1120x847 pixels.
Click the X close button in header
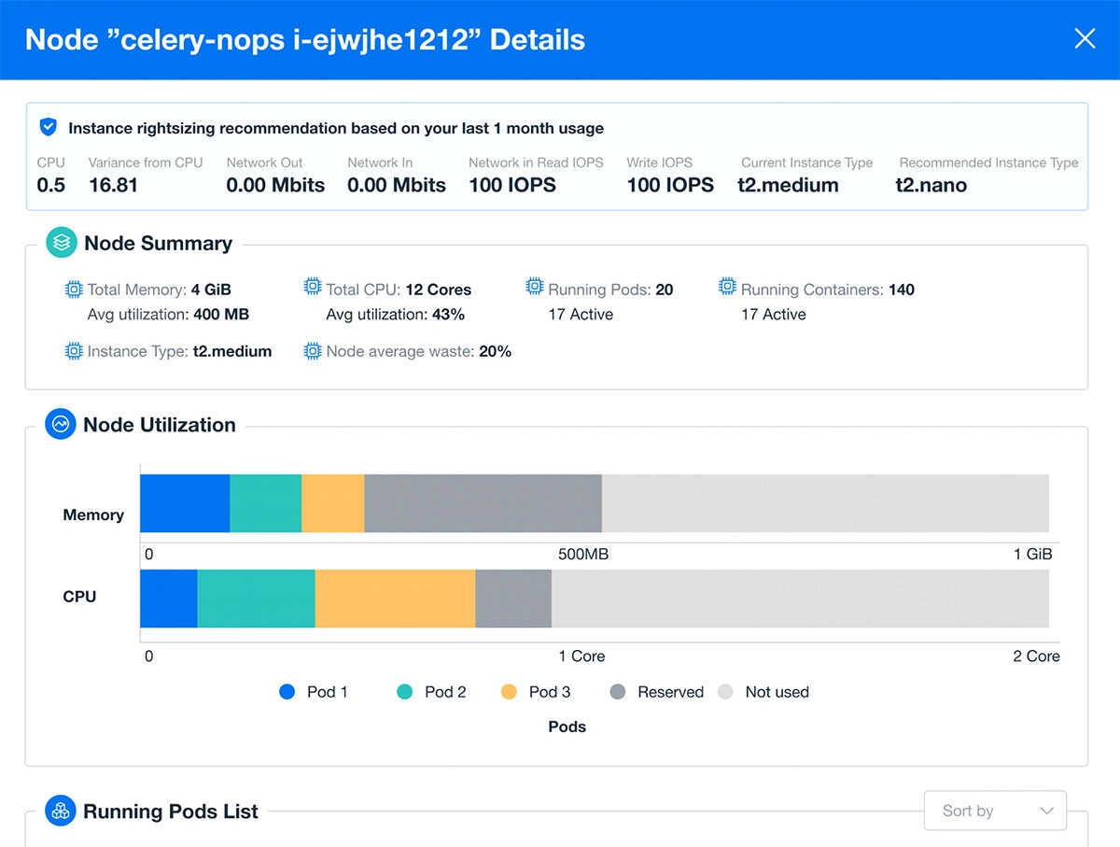click(x=1085, y=38)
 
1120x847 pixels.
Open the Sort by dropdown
click(x=995, y=811)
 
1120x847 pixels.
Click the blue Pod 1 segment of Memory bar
click(x=185, y=503)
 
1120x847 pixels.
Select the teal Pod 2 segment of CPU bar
click(x=256, y=599)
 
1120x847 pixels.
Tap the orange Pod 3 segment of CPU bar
click(x=395, y=599)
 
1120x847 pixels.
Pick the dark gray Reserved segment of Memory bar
click(x=483, y=503)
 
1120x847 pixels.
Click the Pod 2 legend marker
click(x=404, y=692)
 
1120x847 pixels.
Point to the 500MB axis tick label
click(x=583, y=554)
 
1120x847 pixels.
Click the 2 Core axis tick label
click(x=1036, y=656)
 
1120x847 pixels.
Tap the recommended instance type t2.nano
click(x=931, y=185)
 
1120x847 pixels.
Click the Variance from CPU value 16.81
click(x=113, y=185)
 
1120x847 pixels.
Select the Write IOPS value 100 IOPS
click(x=670, y=185)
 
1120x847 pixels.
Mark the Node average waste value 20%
click(x=495, y=351)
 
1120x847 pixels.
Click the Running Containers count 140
click(x=901, y=289)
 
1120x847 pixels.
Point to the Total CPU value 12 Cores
click(x=438, y=289)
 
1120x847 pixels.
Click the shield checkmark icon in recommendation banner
click(x=49, y=127)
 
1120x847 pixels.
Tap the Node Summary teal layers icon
click(x=62, y=243)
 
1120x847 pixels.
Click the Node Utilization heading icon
click(x=61, y=424)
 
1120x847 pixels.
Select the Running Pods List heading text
click(x=171, y=812)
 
